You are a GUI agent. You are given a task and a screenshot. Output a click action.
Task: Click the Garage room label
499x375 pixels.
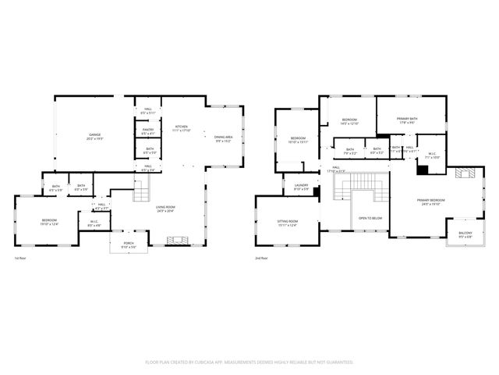coord(95,137)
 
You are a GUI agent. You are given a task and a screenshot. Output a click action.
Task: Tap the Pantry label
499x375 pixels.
coord(148,131)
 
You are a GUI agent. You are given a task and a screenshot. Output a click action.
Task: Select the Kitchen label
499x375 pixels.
coord(181,127)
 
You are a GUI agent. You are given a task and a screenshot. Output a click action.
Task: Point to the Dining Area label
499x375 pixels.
coord(224,138)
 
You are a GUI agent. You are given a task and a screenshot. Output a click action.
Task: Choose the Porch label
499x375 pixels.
coord(129,244)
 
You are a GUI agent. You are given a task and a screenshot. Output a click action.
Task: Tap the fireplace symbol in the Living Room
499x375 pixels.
coord(179,240)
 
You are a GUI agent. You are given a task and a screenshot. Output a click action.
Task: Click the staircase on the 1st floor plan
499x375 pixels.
coord(140,189)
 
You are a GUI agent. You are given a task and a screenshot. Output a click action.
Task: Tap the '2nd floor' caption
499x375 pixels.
coord(261,258)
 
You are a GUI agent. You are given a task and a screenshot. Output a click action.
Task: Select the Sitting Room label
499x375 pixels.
coord(288,223)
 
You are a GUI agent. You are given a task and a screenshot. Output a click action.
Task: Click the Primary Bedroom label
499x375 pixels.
coord(430,202)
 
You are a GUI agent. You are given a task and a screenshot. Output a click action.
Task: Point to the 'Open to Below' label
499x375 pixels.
coord(370,218)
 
